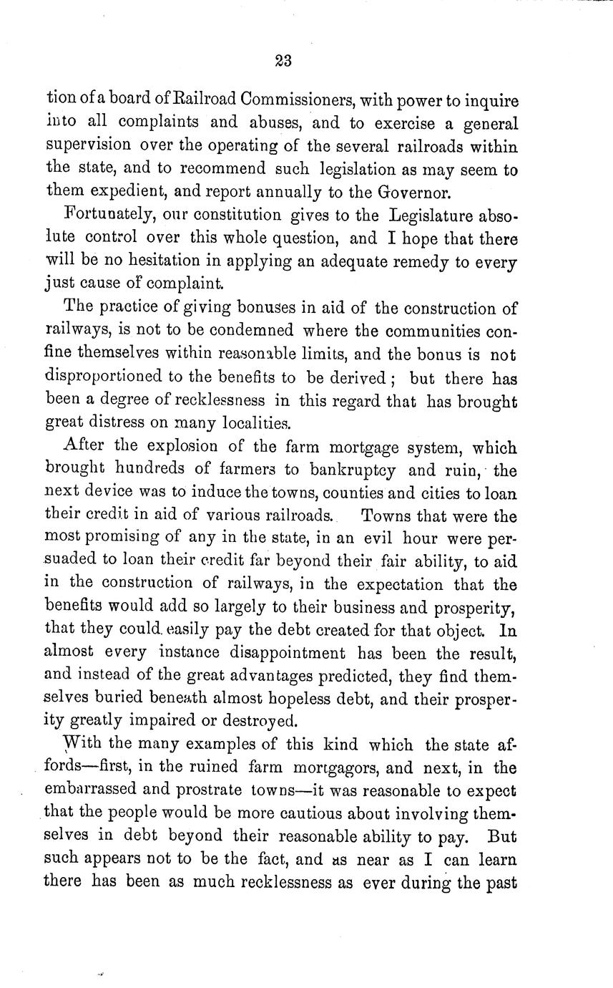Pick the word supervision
coord(88,145)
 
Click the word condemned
coord(242,332)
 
